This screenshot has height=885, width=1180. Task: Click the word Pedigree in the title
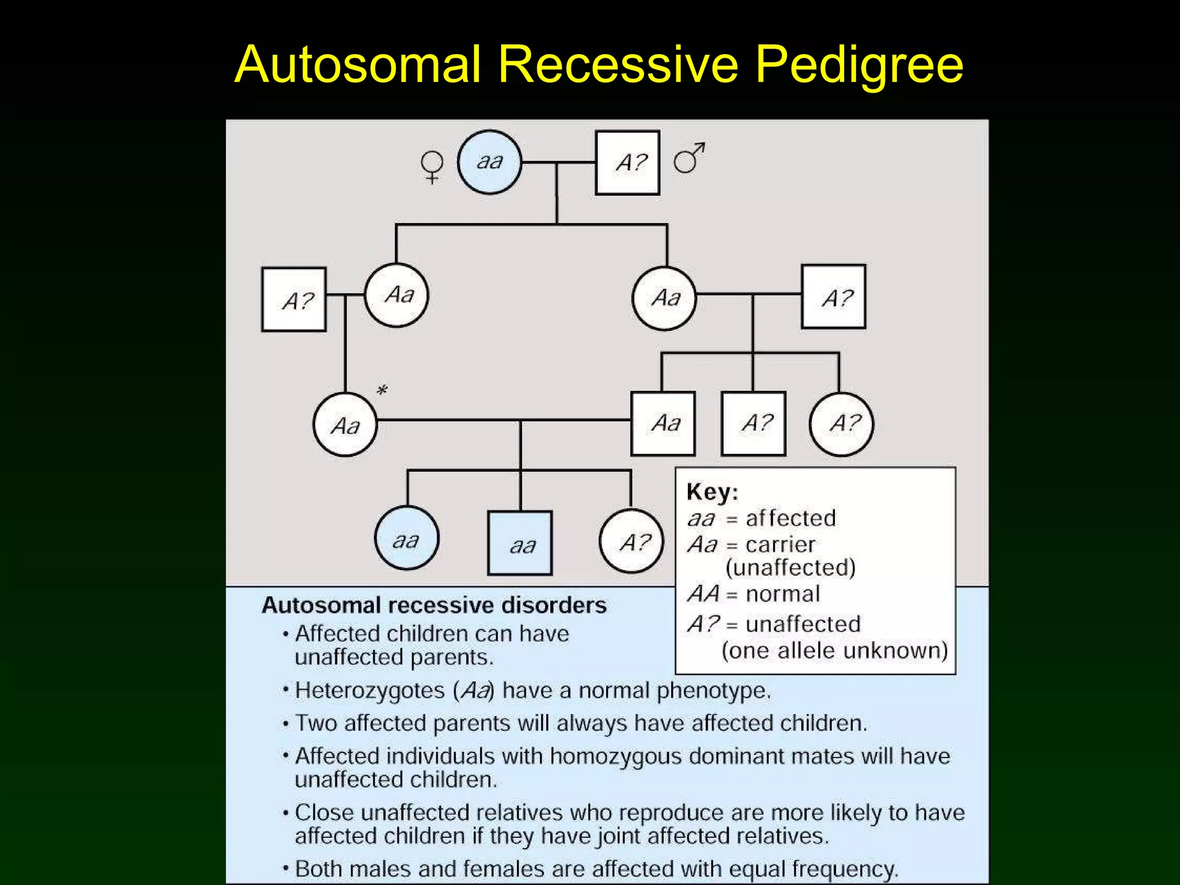click(x=858, y=65)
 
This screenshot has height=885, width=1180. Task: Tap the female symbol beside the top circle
click(x=432, y=166)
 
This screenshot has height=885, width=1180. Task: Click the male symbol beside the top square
click(x=689, y=158)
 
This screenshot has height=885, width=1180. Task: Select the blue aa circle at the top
click(x=490, y=162)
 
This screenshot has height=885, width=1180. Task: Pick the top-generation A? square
click(x=627, y=162)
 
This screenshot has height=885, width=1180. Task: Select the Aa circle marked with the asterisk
click(x=345, y=425)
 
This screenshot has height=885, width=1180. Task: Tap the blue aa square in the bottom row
click(x=520, y=543)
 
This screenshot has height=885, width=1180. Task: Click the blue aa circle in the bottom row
click(x=407, y=539)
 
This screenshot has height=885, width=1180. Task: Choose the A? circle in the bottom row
click(x=631, y=541)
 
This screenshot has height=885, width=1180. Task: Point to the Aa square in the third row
click(x=663, y=423)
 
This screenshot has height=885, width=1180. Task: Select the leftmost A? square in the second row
click(x=294, y=300)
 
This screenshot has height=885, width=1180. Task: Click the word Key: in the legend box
click(x=712, y=492)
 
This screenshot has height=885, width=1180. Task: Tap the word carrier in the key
click(x=780, y=544)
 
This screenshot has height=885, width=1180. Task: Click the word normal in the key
click(x=782, y=594)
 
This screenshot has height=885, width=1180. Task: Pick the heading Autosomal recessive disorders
click(x=434, y=605)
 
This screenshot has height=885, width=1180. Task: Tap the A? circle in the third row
click(x=841, y=424)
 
